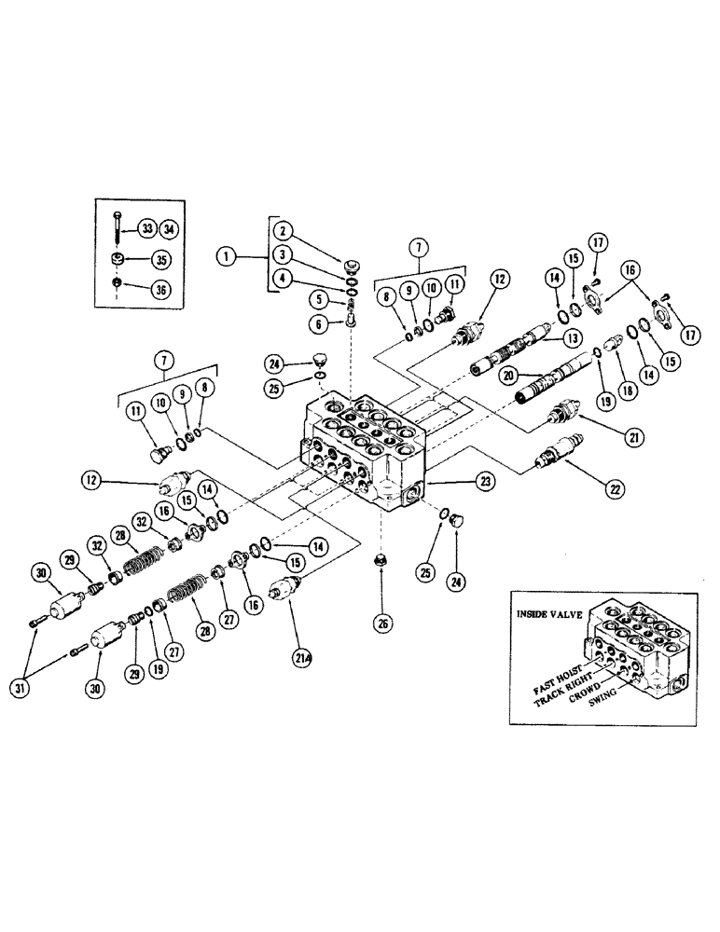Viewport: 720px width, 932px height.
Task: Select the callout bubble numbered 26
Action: (x=381, y=624)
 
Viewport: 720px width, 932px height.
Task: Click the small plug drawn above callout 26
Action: (x=381, y=586)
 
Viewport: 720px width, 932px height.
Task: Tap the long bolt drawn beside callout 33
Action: (x=118, y=228)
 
